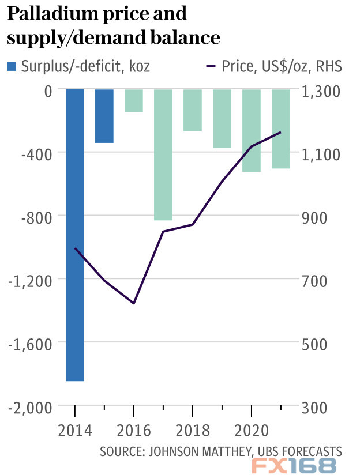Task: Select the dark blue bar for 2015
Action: (x=104, y=116)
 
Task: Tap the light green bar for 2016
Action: (x=134, y=100)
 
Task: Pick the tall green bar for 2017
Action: (x=163, y=154)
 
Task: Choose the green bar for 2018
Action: (x=193, y=110)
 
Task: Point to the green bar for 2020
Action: (x=252, y=130)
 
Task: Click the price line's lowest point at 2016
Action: (x=134, y=303)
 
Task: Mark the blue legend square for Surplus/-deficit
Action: (x=12, y=66)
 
